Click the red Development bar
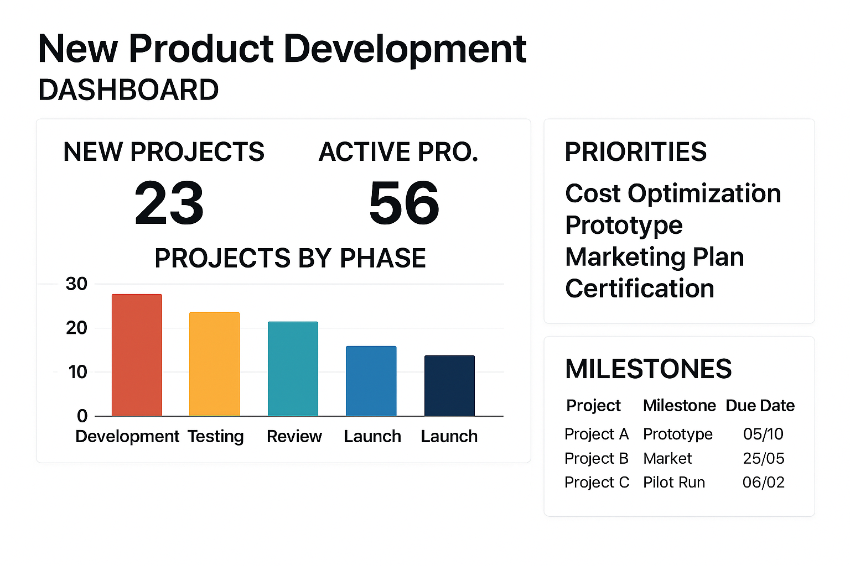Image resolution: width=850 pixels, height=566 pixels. pos(137,355)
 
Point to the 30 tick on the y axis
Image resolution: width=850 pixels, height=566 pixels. pos(76,284)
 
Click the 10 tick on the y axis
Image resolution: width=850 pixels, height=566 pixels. pos(77,372)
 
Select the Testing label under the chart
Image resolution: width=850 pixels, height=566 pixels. pos(215,437)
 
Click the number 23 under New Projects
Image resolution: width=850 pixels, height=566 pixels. pos(169,203)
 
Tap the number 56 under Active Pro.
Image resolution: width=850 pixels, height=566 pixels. pos(404,203)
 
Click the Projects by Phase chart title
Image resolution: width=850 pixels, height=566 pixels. pos(290,258)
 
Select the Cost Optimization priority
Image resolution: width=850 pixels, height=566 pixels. pos(673,193)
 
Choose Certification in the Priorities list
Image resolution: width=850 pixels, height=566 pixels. pos(640,289)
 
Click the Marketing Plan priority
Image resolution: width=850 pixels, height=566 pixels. pos(655,257)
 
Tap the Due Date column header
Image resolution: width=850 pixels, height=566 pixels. pos(760,406)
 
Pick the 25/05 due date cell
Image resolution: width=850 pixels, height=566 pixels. pos(764,458)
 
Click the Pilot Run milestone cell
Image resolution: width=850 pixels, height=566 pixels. pos(674,483)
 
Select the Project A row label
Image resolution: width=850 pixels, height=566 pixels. pos(597,434)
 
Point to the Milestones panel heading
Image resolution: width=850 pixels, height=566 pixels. pos(648,369)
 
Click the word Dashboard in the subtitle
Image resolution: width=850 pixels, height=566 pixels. pos(128,90)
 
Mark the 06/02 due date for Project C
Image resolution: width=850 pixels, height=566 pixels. pos(764,483)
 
